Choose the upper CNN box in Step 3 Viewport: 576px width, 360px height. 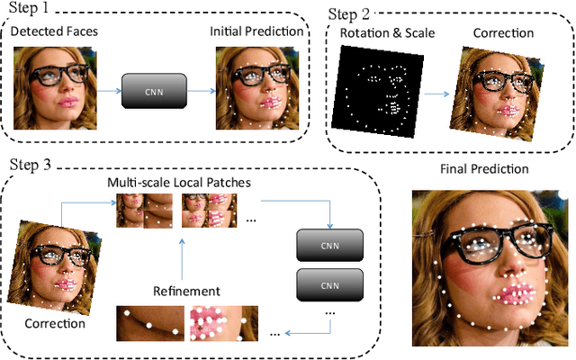tap(329, 244)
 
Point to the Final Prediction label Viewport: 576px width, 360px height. tap(484, 168)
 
